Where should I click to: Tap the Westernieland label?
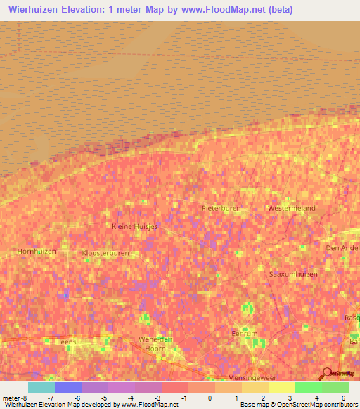(291, 209)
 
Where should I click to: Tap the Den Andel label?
(341, 248)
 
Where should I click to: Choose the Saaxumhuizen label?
(294, 273)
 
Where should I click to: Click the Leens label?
(65, 342)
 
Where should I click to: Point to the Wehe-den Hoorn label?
(155, 342)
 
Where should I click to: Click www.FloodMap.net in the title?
(228, 9)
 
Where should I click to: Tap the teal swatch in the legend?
(41, 387)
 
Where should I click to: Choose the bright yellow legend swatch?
(281, 387)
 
